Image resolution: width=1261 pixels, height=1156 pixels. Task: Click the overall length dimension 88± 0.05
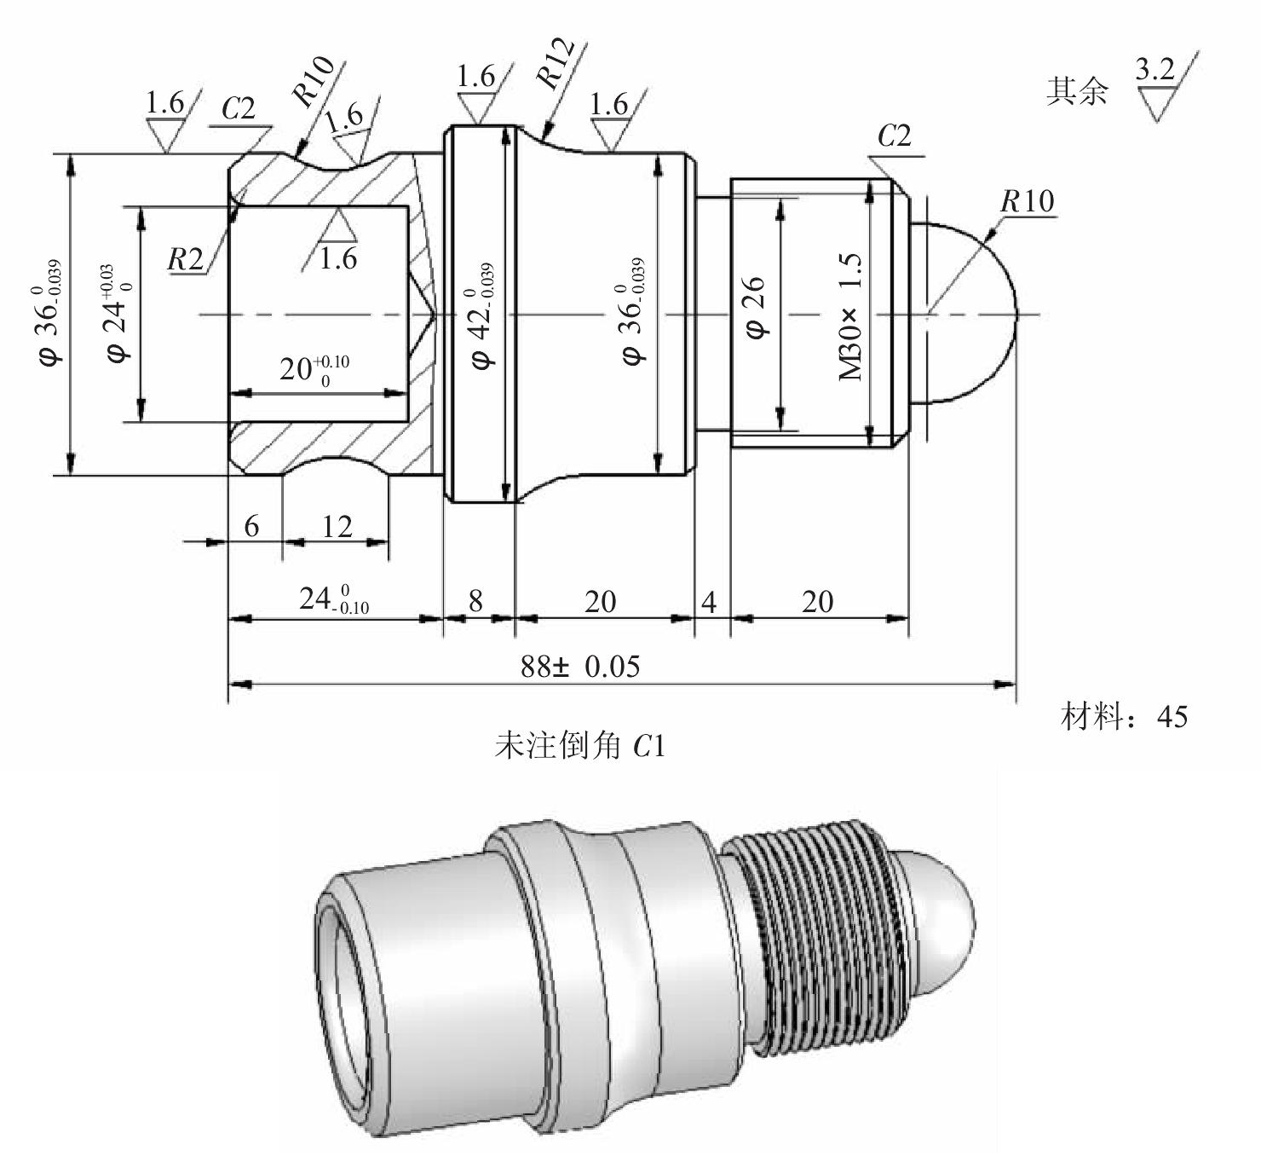tap(579, 667)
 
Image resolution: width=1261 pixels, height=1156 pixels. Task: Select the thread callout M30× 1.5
tap(850, 316)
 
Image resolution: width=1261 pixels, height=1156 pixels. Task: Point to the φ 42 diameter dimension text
tap(482, 315)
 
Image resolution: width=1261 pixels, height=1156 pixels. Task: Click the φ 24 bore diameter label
tap(118, 313)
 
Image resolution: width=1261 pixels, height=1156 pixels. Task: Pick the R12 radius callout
tap(555, 62)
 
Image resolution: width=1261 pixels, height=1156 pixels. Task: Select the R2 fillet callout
tap(186, 259)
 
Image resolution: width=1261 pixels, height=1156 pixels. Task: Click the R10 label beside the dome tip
tap(1028, 201)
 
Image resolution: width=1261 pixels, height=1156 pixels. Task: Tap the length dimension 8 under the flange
tap(476, 602)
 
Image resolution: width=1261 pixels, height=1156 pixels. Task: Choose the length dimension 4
tap(709, 603)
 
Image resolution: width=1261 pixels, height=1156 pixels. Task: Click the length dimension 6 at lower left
tap(251, 526)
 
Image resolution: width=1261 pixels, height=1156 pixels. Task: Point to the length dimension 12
tap(337, 527)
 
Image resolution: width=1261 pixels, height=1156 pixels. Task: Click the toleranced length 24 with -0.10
tap(334, 599)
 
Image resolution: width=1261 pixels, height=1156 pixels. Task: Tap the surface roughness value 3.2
tap(1154, 68)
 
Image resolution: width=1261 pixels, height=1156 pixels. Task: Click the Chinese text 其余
tap(1077, 91)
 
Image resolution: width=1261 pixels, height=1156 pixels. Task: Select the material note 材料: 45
tap(1124, 717)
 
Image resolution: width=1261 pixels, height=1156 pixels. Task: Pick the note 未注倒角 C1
tap(579, 747)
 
